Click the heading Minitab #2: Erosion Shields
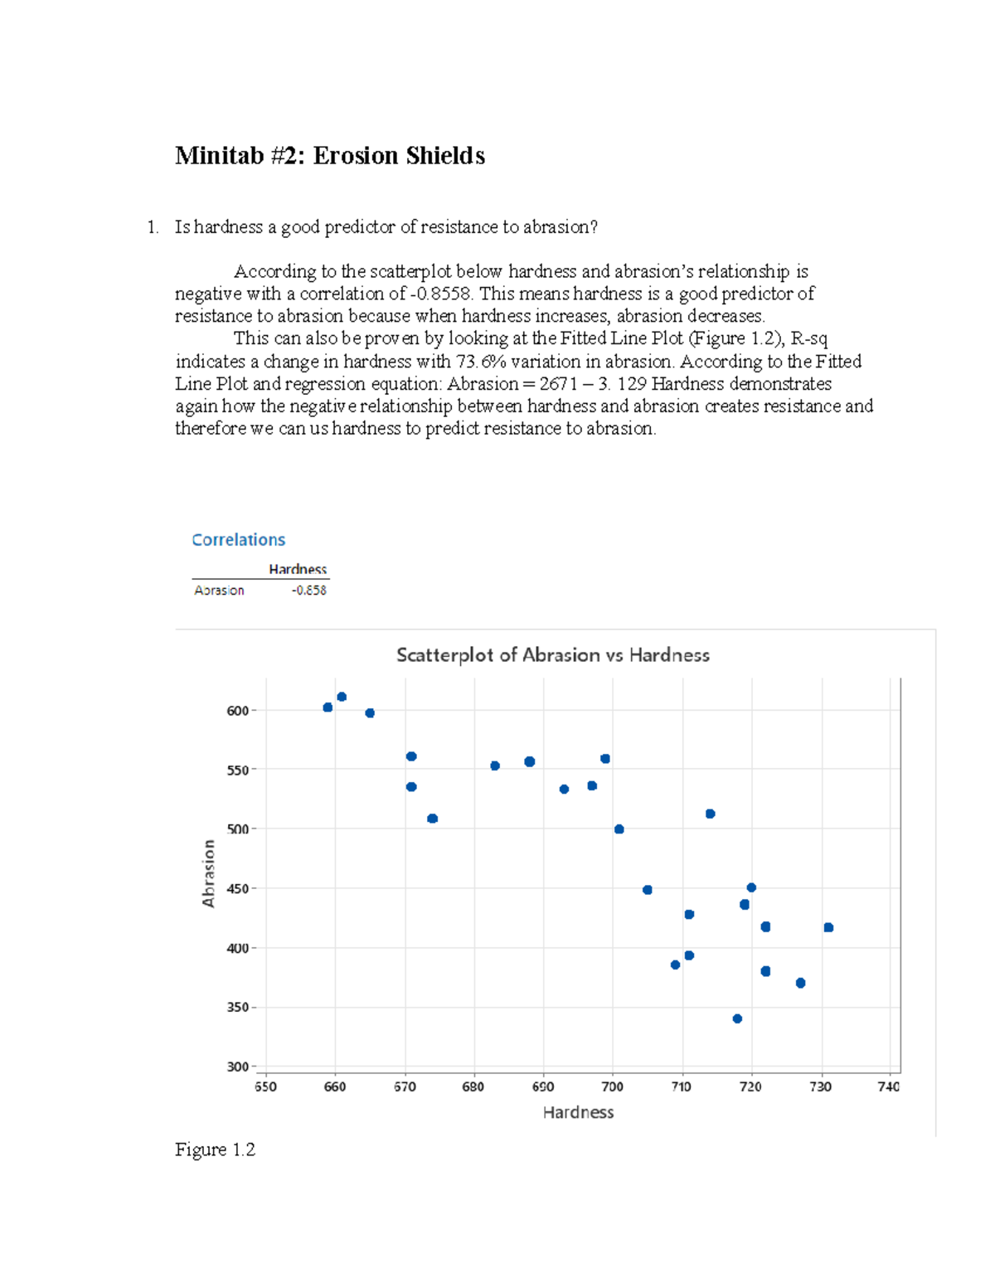[329, 156]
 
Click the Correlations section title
[238, 540]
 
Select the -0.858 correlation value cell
[308, 591]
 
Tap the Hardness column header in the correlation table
[298, 569]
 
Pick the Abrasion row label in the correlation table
[219, 591]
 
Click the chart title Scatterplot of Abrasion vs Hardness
[552, 655]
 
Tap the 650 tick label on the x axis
[265, 1086]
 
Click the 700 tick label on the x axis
[612, 1086]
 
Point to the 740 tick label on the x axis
[888, 1086]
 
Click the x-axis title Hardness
[578, 1113]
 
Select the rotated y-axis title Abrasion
[209, 873]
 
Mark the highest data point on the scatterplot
[342, 697]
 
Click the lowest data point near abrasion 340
[737, 1018]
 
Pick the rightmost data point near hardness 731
[828, 927]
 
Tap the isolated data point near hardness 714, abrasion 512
[710, 814]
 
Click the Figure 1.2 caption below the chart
[215, 1149]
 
